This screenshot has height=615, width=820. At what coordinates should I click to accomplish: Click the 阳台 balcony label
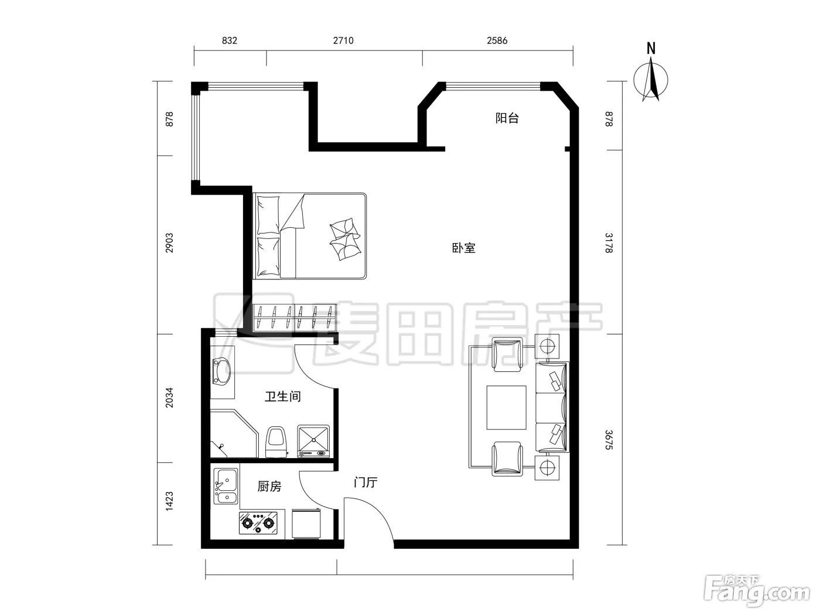click(x=507, y=118)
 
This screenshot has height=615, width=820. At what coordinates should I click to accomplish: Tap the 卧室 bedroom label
click(x=464, y=248)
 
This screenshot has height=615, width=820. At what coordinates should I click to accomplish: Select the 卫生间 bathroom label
click(x=283, y=396)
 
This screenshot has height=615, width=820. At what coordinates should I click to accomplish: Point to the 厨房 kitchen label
click(x=269, y=486)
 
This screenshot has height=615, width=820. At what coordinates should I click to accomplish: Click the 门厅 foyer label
click(x=365, y=483)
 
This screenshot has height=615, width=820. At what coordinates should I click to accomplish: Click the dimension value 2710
click(x=343, y=40)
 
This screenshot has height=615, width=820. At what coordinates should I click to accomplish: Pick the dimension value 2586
click(x=497, y=40)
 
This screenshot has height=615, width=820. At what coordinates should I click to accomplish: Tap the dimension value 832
click(x=230, y=40)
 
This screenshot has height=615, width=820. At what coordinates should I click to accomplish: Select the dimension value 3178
click(x=609, y=243)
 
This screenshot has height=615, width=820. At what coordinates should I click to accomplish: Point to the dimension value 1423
click(x=170, y=501)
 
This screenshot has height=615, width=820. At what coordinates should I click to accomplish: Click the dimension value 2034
click(x=170, y=398)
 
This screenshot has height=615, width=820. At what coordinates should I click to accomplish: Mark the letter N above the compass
click(x=651, y=49)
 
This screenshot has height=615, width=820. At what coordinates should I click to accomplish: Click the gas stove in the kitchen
click(x=258, y=523)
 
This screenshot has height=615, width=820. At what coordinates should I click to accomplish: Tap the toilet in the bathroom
click(x=276, y=442)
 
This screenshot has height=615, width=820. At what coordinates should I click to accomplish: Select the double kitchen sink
click(x=225, y=487)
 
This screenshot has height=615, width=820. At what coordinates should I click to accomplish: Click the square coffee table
click(x=506, y=408)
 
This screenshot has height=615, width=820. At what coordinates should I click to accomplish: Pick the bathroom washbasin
click(x=221, y=371)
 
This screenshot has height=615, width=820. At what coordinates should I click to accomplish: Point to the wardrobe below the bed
click(x=295, y=318)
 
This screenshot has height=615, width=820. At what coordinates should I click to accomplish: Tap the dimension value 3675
click(x=609, y=440)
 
